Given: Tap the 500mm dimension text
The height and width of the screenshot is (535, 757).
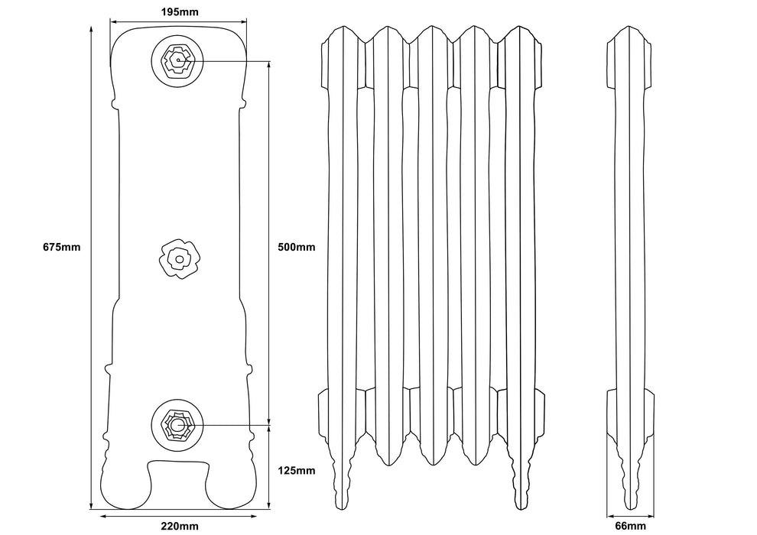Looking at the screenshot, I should (295, 247).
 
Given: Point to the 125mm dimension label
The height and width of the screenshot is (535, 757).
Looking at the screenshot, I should (295, 470).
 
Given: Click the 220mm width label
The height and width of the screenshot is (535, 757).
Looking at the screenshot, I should (180, 526).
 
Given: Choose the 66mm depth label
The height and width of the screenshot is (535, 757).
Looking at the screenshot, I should (631, 526).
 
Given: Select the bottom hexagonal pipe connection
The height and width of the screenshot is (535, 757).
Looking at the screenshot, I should (179, 423).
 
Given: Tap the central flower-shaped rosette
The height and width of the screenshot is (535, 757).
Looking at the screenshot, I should (179, 259).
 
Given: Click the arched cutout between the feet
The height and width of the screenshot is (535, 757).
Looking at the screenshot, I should (179, 478).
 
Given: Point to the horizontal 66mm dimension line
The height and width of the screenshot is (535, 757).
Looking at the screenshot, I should (631, 515).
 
